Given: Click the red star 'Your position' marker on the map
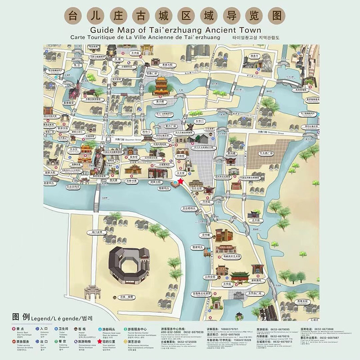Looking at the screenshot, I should click(180, 181).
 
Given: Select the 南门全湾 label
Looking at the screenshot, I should click(97, 233).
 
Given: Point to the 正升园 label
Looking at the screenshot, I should click(256, 220).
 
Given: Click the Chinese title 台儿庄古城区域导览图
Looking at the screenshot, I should click(180, 16).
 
